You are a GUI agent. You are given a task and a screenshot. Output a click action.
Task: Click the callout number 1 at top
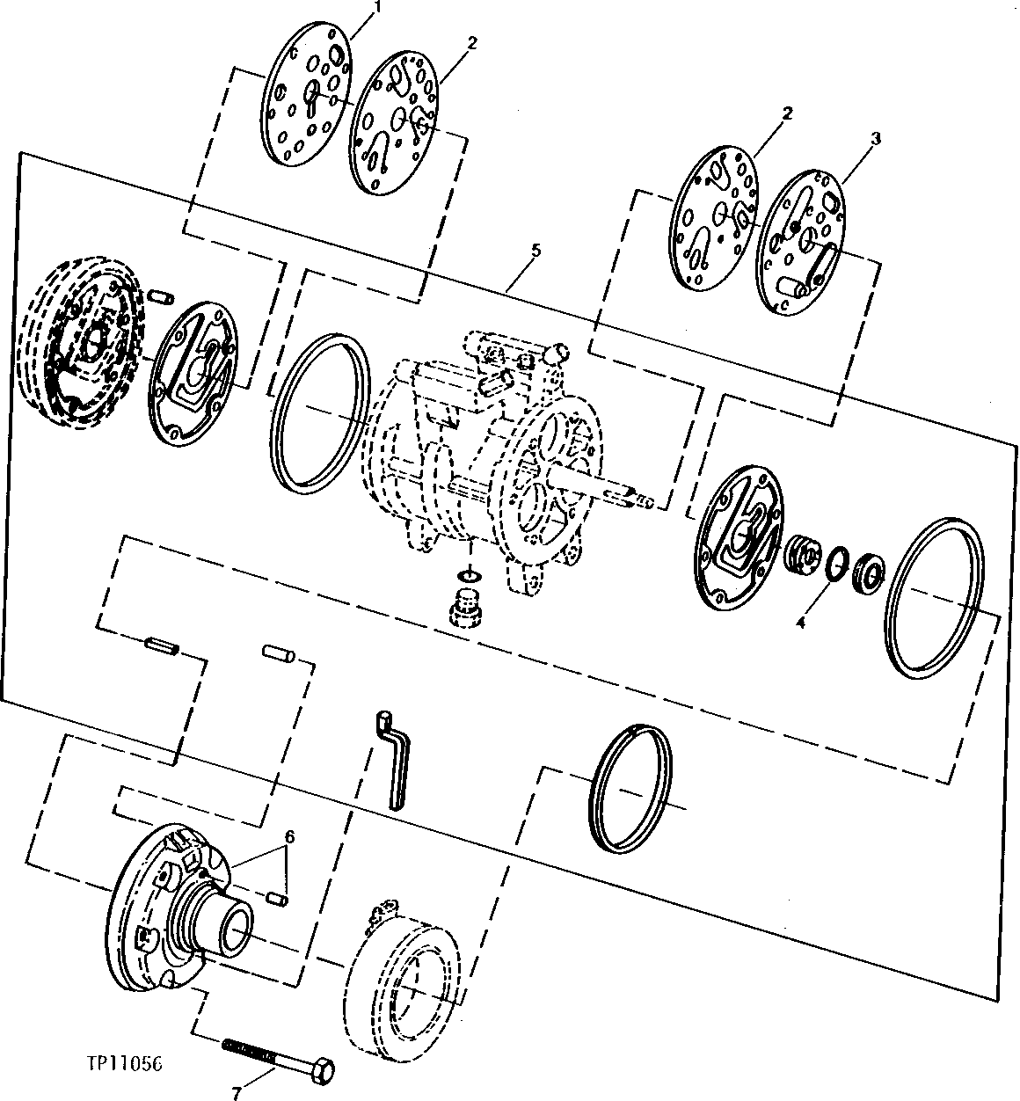click(378, 7)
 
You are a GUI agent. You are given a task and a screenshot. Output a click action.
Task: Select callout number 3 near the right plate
click(875, 139)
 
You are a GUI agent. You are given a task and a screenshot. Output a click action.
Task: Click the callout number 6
click(289, 836)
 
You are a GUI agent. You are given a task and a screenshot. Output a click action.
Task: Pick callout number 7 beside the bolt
click(237, 1094)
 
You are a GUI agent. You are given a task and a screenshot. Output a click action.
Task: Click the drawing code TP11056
click(128, 1061)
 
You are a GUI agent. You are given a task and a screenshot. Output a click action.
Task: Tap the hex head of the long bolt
click(322, 1070)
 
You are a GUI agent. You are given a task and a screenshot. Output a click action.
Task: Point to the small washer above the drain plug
click(469, 575)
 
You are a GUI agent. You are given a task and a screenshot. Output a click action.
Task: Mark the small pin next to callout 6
click(278, 900)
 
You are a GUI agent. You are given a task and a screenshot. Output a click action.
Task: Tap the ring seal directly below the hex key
click(631, 789)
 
